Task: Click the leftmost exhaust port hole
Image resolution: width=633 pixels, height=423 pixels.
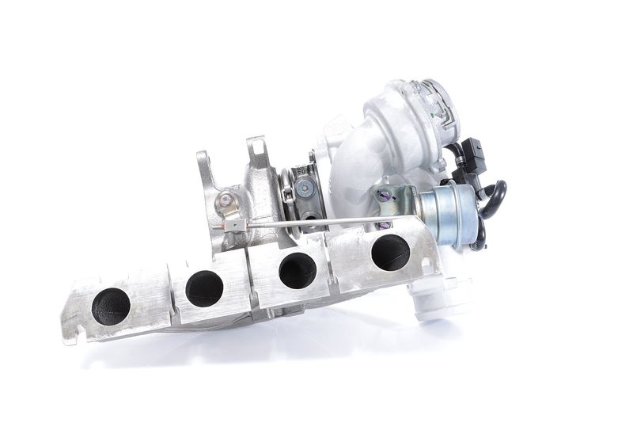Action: point(111,306)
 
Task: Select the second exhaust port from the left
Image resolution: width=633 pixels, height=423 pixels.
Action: point(204,288)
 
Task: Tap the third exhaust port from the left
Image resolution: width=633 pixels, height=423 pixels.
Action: point(298,270)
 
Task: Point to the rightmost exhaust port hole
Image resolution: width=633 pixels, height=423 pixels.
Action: point(390,252)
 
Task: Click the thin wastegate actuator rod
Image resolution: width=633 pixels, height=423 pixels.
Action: point(316,222)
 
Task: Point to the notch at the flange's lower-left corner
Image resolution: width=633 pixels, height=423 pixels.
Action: point(71,336)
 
